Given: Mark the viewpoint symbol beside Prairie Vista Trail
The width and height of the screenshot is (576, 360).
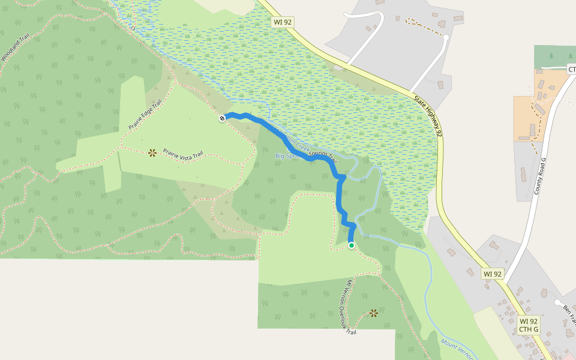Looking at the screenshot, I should coord(152,152).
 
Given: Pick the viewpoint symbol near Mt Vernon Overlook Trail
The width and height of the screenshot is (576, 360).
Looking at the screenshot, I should coord(374,313).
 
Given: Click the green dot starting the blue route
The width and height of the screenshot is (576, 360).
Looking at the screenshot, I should coord(352,245).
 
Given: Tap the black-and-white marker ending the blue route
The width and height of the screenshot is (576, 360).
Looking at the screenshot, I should coord(223,118).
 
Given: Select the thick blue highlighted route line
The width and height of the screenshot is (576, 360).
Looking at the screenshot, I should coord(288,142).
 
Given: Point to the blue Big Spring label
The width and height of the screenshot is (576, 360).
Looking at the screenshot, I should coord(287,156).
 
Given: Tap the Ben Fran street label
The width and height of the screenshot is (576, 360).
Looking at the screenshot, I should coord(569,314).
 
